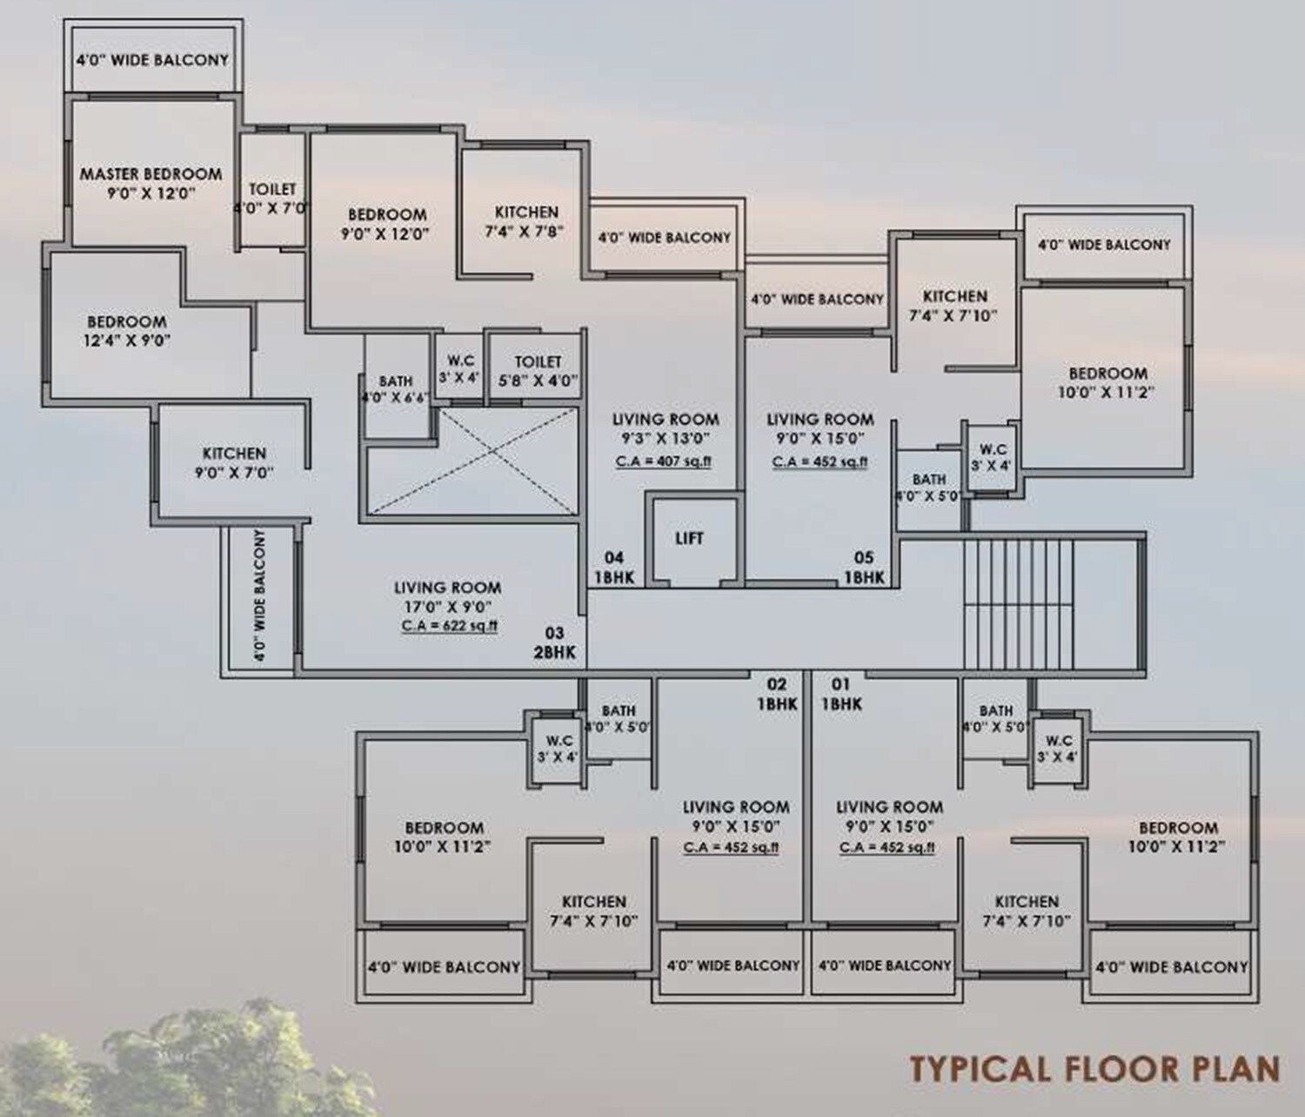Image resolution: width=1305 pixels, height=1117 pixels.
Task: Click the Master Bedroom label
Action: (x=151, y=184)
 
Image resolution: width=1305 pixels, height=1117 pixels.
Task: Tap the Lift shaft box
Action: (x=690, y=540)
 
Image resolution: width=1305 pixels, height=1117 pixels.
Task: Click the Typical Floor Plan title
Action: (x=1094, y=1067)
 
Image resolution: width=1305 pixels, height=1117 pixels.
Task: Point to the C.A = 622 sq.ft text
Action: (x=449, y=625)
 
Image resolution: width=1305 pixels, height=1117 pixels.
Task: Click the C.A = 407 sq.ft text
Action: (x=663, y=461)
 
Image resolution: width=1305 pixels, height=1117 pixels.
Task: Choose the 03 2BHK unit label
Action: (x=554, y=643)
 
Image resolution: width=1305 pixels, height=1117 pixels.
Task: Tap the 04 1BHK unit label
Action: (x=614, y=568)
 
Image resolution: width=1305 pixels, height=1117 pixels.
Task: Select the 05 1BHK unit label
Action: (x=863, y=568)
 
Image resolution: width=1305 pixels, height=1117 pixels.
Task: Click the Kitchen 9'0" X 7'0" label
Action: (x=234, y=463)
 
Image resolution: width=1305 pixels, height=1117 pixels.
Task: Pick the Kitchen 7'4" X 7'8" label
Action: (x=526, y=222)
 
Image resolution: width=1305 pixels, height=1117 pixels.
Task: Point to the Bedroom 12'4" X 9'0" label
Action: (x=127, y=331)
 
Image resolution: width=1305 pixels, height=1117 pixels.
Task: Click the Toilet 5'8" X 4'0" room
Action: (x=537, y=371)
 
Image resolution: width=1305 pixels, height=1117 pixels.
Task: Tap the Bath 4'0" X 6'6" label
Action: (x=396, y=389)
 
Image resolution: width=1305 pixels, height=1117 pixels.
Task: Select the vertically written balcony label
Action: (x=259, y=596)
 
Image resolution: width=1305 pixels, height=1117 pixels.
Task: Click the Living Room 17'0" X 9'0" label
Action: (x=447, y=596)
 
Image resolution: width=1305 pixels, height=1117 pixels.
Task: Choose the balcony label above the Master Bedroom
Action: (x=151, y=60)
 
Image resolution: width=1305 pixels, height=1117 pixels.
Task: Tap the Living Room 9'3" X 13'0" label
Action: (x=665, y=428)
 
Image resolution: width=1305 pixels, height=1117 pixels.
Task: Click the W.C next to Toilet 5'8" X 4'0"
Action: (x=460, y=369)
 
